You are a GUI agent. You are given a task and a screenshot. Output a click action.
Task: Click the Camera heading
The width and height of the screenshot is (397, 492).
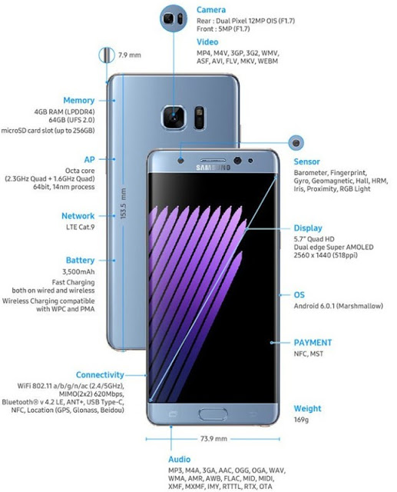click(x=211, y=10)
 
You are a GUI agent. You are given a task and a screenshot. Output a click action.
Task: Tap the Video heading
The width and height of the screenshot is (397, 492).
click(x=207, y=42)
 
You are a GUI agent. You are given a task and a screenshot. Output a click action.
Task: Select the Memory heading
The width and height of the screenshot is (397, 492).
click(x=78, y=101)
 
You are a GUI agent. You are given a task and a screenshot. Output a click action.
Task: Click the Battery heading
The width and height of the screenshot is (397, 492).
click(x=80, y=261)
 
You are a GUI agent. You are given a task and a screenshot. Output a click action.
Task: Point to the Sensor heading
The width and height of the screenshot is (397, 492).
click(x=306, y=162)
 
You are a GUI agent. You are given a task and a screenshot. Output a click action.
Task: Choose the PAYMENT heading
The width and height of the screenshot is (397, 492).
click(x=313, y=343)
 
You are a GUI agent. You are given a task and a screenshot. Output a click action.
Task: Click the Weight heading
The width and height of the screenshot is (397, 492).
click(x=307, y=408)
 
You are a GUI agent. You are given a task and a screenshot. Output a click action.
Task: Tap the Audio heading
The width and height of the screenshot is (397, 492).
click(x=179, y=460)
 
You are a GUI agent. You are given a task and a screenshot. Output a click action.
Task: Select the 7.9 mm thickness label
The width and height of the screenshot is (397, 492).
click(x=130, y=55)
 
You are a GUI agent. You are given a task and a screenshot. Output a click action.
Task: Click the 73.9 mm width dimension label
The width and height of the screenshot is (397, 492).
click(x=213, y=439)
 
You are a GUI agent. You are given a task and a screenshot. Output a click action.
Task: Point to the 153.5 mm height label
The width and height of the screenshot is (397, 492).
click(x=123, y=203)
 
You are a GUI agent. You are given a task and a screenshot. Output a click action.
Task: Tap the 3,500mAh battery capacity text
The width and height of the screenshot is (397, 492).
click(x=78, y=271)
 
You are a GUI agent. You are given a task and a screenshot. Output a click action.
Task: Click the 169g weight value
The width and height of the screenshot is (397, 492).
click(x=301, y=420)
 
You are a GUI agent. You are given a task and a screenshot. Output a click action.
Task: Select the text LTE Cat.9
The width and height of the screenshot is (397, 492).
click(x=80, y=227)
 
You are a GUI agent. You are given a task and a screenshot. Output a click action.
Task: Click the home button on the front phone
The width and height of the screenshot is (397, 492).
click(x=213, y=414)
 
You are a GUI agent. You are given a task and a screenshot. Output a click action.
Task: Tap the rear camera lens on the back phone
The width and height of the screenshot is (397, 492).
click(x=174, y=117)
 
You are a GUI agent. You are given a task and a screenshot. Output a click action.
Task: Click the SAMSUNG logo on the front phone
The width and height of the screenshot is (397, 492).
click(x=213, y=168)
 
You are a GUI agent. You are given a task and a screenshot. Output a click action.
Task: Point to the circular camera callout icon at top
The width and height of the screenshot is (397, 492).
click(x=174, y=18)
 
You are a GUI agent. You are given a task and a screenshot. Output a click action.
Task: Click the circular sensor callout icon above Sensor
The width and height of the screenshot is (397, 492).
click(x=296, y=143)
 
